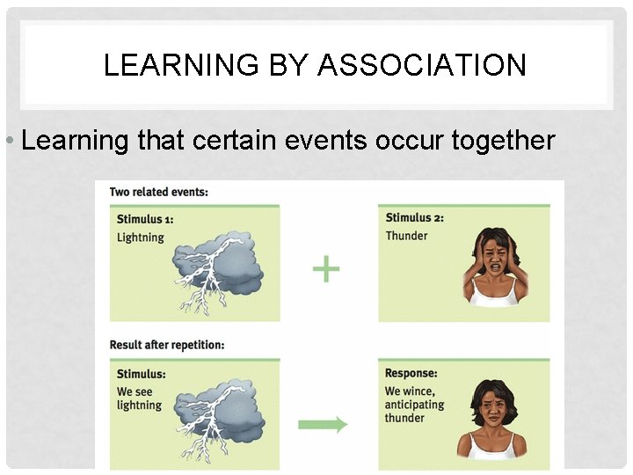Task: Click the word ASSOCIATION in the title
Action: click(422, 65)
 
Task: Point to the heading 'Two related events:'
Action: click(159, 192)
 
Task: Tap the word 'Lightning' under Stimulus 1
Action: click(141, 237)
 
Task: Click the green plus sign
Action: click(326, 269)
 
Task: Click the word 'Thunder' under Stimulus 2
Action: click(407, 236)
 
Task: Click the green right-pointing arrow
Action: click(324, 425)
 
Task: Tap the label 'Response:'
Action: click(411, 374)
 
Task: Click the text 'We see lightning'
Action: click(140, 398)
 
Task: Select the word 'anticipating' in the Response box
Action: click(415, 405)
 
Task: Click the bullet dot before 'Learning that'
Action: click(8, 142)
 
